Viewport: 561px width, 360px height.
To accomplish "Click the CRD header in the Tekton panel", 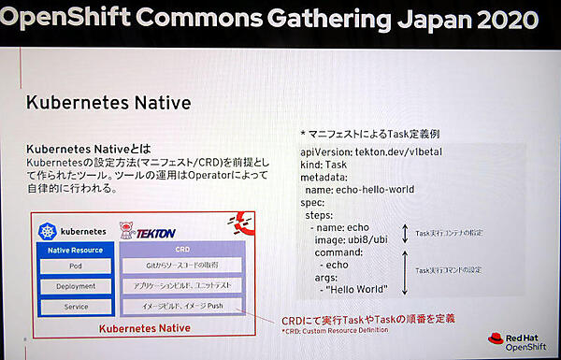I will pyautogui.click(x=183, y=250).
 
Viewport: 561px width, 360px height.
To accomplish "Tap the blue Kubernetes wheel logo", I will pyautogui.click(x=47, y=230).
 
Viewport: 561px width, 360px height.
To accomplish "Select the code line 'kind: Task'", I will pyautogui.click(x=324, y=164).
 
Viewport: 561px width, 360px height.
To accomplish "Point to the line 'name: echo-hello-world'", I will pyautogui.click(x=366, y=190).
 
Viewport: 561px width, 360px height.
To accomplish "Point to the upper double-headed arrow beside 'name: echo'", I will pyautogui.click(x=404, y=233).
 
